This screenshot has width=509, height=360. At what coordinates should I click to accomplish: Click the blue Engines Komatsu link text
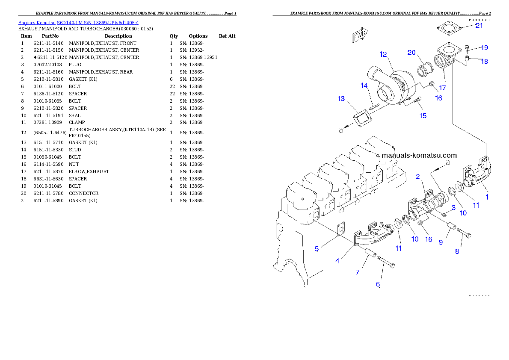(x=78, y=22)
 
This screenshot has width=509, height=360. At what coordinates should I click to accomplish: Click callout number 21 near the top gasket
(x=479, y=26)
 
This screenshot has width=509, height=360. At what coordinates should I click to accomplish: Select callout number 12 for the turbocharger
(x=383, y=54)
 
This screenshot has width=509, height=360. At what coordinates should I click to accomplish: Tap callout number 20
(x=411, y=52)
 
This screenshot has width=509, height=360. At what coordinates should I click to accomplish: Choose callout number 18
(x=484, y=61)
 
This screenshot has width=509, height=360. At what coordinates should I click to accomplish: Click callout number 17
(x=443, y=88)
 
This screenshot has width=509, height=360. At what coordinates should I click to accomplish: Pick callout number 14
(x=364, y=86)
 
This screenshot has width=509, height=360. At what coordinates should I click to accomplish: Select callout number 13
(x=341, y=99)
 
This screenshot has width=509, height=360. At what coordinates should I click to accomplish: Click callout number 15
(x=423, y=115)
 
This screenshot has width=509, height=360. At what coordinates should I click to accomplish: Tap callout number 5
(x=317, y=248)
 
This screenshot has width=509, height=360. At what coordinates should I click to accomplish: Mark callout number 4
(x=337, y=261)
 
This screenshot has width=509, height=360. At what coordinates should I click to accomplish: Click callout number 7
(x=357, y=272)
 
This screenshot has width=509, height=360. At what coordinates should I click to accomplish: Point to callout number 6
(x=378, y=284)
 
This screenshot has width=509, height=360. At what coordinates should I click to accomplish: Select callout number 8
(x=457, y=251)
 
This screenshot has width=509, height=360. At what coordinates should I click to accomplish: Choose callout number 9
(x=441, y=242)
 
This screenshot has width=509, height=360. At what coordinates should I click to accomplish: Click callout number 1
(x=487, y=197)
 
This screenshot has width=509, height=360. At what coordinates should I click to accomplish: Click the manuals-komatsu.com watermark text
(x=419, y=156)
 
